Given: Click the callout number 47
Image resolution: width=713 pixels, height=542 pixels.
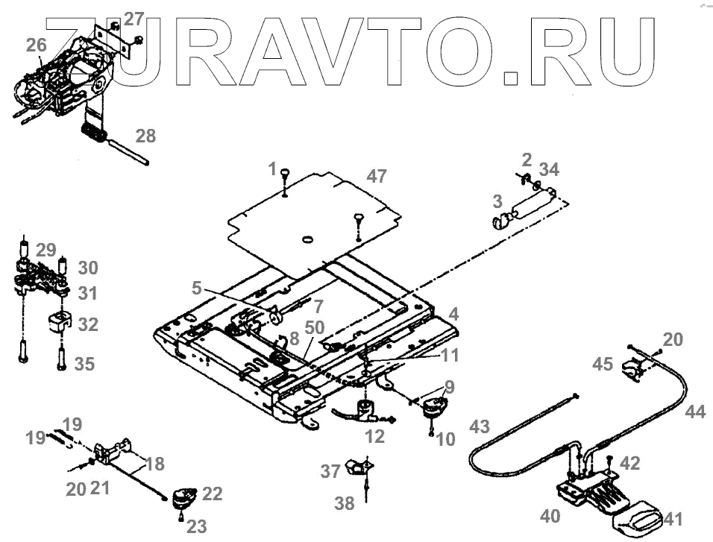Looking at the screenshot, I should coord(377,177).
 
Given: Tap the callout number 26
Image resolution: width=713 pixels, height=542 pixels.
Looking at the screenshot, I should coord(36,45).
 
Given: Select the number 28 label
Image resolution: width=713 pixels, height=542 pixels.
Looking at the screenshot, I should coord(146,136).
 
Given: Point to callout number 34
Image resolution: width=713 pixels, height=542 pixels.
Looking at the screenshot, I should coord(549,169).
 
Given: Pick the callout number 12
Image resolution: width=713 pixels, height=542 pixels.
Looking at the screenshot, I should coord(374,436).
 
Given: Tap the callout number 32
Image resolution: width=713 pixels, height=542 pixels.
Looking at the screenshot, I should coord(88,325).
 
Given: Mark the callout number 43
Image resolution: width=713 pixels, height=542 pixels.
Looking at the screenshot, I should coord(481,427).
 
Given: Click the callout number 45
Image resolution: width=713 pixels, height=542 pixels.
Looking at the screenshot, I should coord(603,365).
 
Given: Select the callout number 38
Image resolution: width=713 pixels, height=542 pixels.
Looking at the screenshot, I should coord(345,504).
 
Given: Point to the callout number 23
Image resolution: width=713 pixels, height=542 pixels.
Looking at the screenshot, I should coord(197,526).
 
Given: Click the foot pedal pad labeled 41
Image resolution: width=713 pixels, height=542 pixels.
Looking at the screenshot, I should coord(638,520).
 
